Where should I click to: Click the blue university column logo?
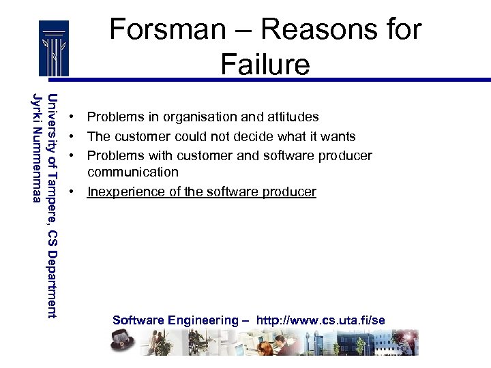53,48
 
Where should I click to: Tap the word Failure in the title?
265,64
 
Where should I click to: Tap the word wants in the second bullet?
339,137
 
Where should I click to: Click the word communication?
132,172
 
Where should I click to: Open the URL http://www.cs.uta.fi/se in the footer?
321,320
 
